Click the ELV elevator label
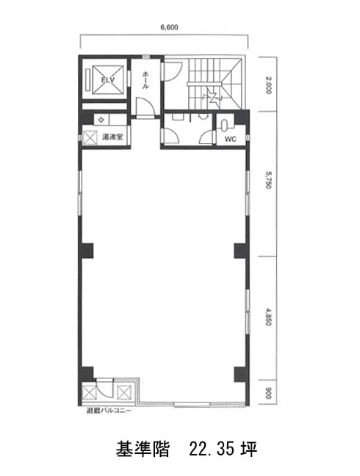108,80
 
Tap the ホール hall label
145,79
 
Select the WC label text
231,139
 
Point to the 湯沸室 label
112,137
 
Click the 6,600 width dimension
169,27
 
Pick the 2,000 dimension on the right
269,85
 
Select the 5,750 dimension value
269,180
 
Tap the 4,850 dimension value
269,317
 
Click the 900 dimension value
268,393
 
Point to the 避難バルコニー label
109,411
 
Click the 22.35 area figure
212,449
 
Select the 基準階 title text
142,449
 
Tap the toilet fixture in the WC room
225,125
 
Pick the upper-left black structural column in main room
86,250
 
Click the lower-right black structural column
242,375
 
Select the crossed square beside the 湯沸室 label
90,137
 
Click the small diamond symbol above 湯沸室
101,120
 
